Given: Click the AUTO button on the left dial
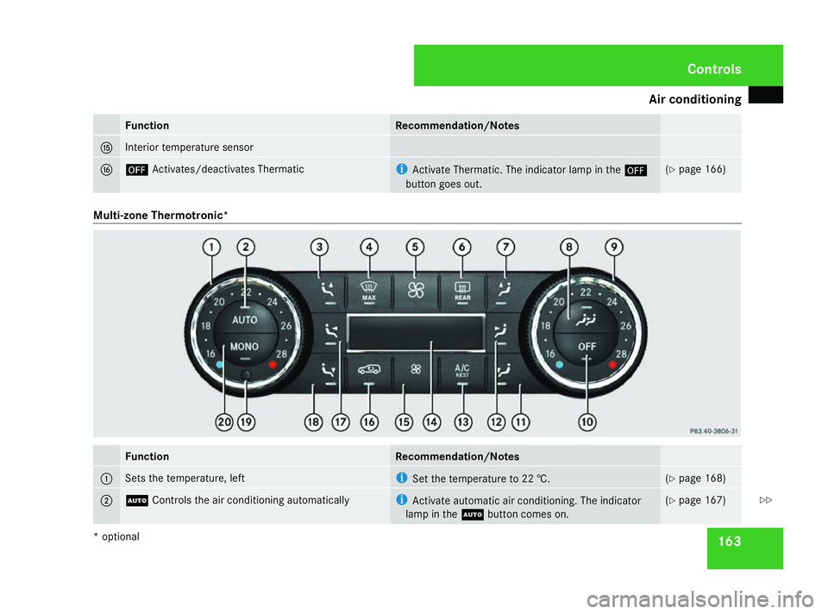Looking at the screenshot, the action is pyautogui.click(x=245, y=318).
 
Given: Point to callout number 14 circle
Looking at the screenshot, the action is pyautogui.click(x=431, y=423).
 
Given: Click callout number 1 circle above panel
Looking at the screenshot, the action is pyautogui.click(x=212, y=247).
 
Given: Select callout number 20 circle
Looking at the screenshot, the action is pyautogui.click(x=224, y=423).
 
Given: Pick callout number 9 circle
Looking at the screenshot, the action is pyautogui.click(x=613, y=247).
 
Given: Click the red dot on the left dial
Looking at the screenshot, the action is pyautogui.click(x=273, y=364).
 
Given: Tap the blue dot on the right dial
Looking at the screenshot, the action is pyautogui.click(x=560, y=364).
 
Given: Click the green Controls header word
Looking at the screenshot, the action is pyautogui.click(x=714, y=69).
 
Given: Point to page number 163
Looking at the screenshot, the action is pyautogui.click(x=730, y=542).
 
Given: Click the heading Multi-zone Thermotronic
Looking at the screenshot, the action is pyautogui.click(x=160, y=216).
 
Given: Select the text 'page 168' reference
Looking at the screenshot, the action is pyautogui.click(x=701, y=479).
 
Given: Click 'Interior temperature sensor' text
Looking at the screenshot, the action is pyautogui.click(x=189, y=147).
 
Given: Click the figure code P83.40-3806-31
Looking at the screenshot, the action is pyautogui.click(x=713, y=431).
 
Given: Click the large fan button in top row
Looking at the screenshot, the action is pyautogui.click(x=416, y=291).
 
